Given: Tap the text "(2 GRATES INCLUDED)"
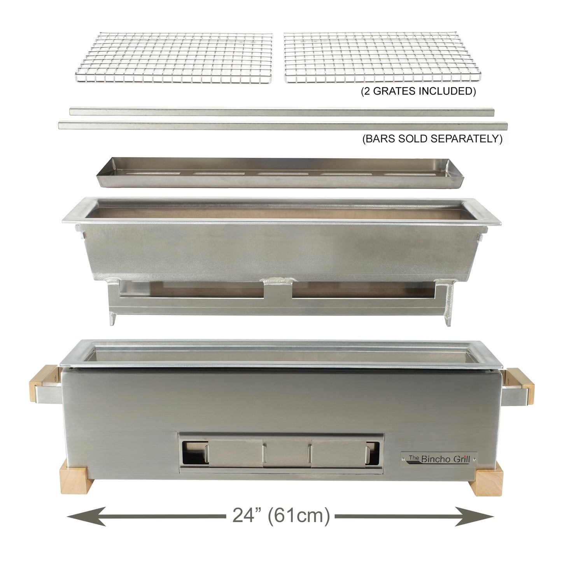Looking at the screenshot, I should click(418, 92).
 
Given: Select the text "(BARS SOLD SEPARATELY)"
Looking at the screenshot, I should click(432, 139).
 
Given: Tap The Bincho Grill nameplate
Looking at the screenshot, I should click(439, 459).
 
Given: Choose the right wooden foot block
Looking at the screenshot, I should click(488, 482).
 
